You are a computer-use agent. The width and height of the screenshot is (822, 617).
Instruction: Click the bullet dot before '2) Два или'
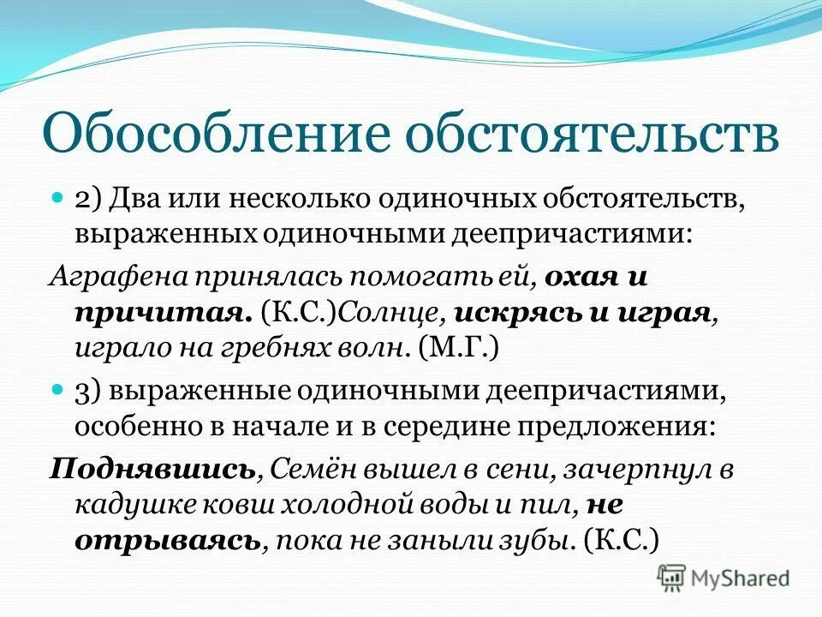point(58,196)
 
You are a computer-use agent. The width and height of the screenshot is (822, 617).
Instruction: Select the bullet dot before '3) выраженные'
point(58,389)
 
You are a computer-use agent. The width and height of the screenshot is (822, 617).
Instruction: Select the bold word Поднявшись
point(153,469)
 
